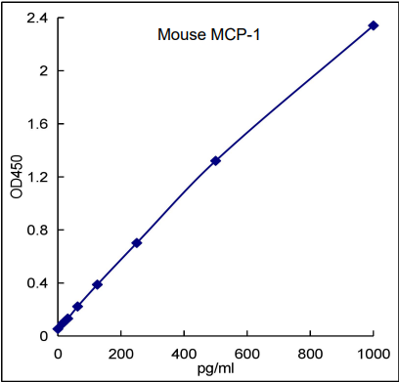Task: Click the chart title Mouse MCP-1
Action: coord(208,36)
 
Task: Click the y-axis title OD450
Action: coord(16,176)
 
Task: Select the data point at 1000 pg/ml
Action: coord(374,25)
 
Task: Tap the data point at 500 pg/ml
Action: coord(215,160)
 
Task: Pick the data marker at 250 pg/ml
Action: coord(137,242)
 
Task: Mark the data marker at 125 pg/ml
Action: coord(97,284)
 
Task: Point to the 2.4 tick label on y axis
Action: coord(36,18)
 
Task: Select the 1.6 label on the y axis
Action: coord(36,124)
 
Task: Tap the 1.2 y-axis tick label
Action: coord(36,177)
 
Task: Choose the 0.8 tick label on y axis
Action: coord(36,231)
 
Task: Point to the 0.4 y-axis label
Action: coord(36,283)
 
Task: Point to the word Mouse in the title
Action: coord(179,36)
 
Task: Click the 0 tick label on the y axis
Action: coord(43,336)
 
